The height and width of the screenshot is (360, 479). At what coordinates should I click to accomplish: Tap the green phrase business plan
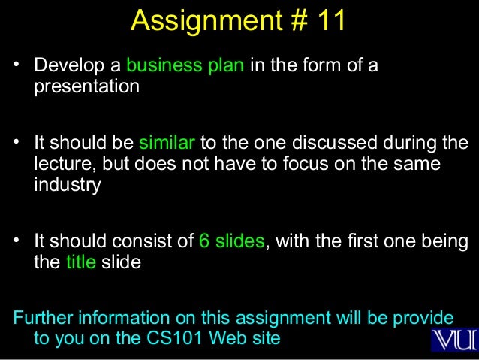(x=185, y=66)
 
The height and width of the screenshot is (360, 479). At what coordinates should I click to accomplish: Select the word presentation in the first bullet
(x=86, y=86)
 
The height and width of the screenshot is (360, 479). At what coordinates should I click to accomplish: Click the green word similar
(x=167, y=143)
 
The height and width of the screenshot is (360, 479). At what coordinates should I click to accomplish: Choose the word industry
(x=67, y=185)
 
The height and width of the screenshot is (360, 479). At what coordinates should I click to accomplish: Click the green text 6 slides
(x=231, y=242)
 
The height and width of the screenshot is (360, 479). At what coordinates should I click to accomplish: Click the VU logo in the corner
(x=453, y=337)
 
